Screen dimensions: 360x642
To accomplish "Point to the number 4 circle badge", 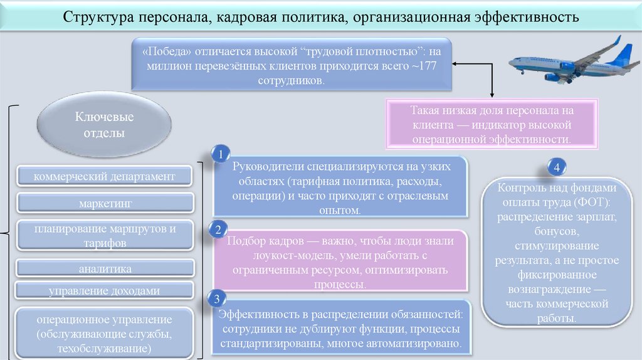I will [x=556, y=167].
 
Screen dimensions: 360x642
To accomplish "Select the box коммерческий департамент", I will [x=104, y=177].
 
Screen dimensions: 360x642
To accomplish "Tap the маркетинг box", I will [x=105, y=204].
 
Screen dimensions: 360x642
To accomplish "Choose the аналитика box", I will [x=105, y=268].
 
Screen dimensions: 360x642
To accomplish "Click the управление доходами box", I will [x=105, y=290].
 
